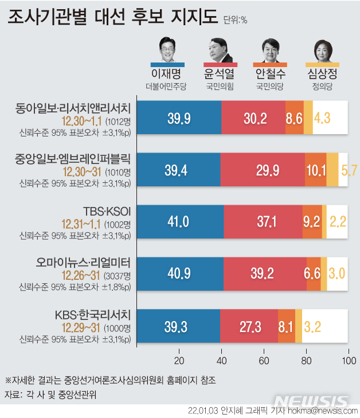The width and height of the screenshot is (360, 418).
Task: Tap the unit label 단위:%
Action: (235, 20)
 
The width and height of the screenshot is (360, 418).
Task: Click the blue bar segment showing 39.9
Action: (179, 118)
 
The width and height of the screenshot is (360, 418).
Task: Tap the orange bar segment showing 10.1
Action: (316, 170)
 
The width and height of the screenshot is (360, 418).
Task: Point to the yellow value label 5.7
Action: (349, 170)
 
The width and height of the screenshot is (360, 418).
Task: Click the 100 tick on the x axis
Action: (347, 360)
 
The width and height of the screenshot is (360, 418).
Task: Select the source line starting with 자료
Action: (50, 394)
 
